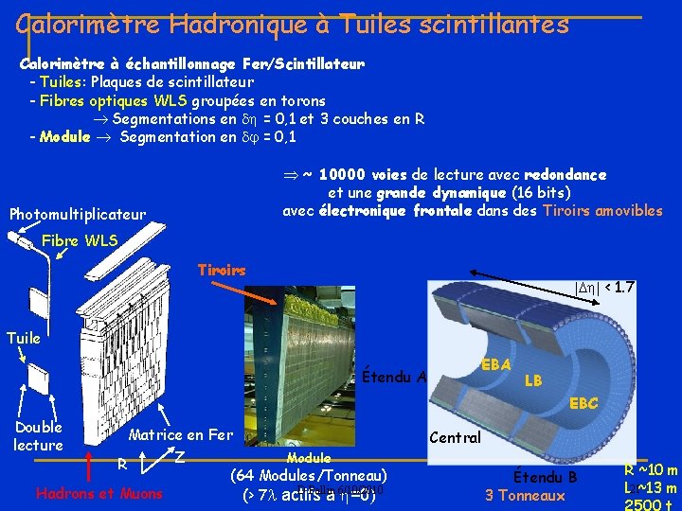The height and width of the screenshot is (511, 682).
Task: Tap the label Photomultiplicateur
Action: coord(78,215)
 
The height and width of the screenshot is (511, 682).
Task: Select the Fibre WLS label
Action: coord(81,241)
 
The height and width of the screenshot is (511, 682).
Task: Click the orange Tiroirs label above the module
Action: coord(223,270)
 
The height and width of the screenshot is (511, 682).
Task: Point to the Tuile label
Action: coord(25,338)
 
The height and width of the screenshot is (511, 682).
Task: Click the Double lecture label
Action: coord(38,436)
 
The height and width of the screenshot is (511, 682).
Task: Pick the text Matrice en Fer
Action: coord(181,435)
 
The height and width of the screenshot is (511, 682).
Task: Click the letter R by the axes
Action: coord(121,464)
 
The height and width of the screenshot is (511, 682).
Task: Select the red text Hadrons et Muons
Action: coord(99,493)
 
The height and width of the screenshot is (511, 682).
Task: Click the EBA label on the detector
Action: coord(496,364)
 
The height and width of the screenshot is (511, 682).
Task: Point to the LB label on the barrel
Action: coord(534,379)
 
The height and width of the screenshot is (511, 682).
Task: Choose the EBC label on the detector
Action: coord(583,403)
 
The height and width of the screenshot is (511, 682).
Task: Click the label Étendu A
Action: coord(394,378)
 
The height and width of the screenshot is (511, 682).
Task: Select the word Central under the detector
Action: coord(457,438)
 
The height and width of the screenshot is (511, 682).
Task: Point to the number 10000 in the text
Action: coord(356,175)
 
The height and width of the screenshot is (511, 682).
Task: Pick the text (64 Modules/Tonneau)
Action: coord(309,475)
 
